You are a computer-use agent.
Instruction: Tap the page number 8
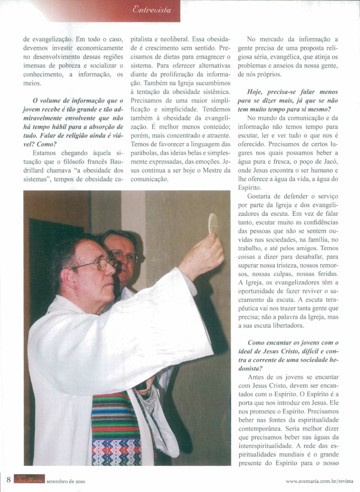8,480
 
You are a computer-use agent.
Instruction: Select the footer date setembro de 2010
65,481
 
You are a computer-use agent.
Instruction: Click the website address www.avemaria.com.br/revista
320,481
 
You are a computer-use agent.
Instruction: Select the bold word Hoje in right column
255,92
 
